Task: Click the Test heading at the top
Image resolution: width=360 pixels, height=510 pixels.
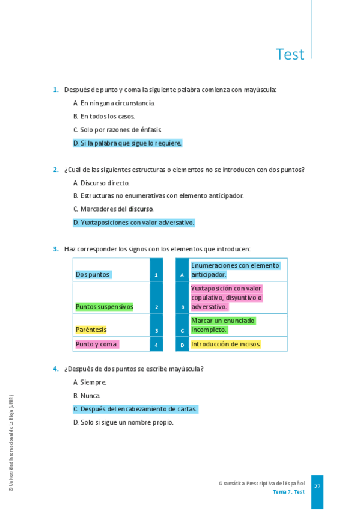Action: pyautogui.click(x=290, y=54)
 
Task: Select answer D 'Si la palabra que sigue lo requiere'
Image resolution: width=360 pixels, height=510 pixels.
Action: pyautogui.click(x=127, y=143)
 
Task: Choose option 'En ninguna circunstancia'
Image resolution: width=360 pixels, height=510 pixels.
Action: pyautogui.click(x=114, y=103)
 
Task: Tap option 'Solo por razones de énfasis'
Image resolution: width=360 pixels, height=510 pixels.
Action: pyautogui.click(x=117, y=129)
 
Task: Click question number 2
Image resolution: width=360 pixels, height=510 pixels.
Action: pyautogui.click(x=55, y=170)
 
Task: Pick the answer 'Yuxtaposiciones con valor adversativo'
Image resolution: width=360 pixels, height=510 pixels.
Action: pyautogui.click(x=133, y=223)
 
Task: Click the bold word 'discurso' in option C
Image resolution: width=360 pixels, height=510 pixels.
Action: pyautogui.click(x=141, y=209)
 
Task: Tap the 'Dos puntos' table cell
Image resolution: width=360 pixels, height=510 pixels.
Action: pyautogui.click(x=93, y=274)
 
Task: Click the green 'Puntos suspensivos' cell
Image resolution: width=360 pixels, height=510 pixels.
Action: pyautogui.click(x=104, y=307)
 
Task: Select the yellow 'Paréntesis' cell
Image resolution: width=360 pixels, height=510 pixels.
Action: pyautogui.click(x=91, y=330)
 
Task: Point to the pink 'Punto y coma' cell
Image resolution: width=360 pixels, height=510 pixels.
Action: pyautogui.click(x=96, y=344)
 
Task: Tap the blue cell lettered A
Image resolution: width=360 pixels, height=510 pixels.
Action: pyautogui.click(x=182, y=275)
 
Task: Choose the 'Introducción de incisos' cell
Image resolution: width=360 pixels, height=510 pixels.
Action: pyautogui.click(x=225, y=345)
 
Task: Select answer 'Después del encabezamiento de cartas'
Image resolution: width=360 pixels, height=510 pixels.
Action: pyautogui.click(x=135, y=409)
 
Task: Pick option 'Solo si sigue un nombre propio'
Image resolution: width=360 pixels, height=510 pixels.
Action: pyautogui.click(x=123, y=422)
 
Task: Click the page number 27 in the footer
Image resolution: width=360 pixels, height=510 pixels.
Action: pyautogui.click(x=317, y=487)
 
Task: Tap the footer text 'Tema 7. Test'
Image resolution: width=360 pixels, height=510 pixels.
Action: pyautogui.click(x=288, y=492)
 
